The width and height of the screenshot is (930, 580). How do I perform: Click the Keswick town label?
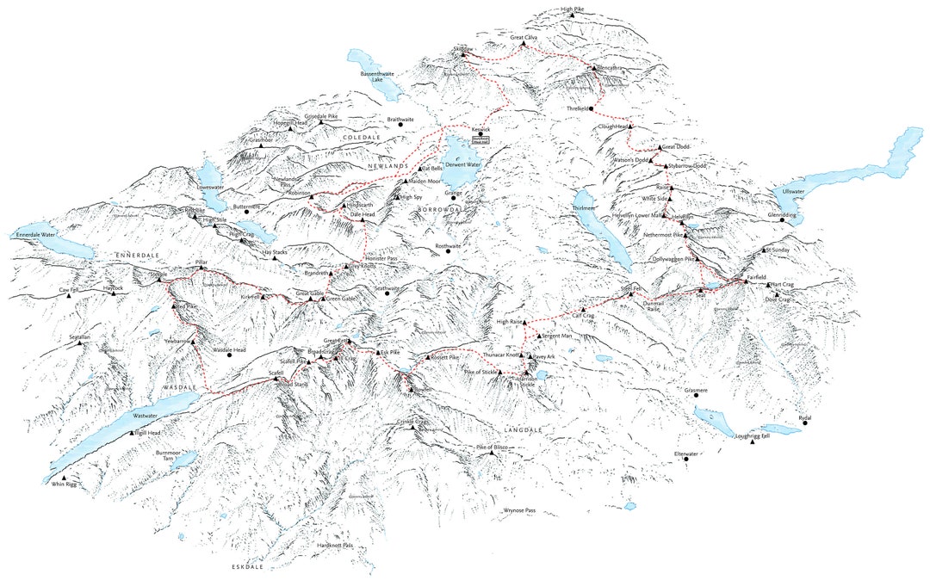(x=480, y=129)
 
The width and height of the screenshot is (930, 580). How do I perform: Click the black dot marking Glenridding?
(x=783, y=221)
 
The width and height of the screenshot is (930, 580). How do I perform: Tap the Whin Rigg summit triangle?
(x=63, y=478)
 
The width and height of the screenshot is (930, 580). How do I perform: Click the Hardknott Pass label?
(x=335, y=545)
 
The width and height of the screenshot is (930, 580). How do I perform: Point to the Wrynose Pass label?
(x=520, y=511)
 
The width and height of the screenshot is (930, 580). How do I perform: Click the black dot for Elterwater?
(x=687, y=460)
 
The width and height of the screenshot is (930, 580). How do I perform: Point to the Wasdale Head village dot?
(x=230, y=356)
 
